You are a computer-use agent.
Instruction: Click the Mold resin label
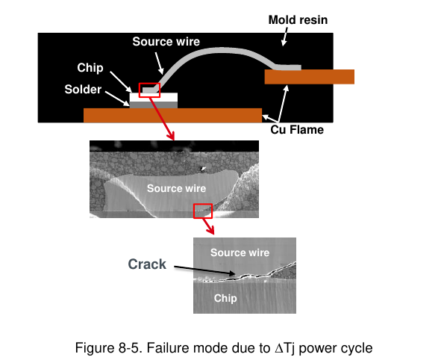pyautogui.click(x=298, y=20)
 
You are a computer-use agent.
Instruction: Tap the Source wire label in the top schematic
pyautogui.click(x=166, y=42)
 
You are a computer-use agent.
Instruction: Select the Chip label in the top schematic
pyautogui.click(x=90, y=68)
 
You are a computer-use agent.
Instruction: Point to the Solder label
pyautogui.click(x=83, y=90)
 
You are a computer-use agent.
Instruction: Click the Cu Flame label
pyautogui.click(x=297, y=130)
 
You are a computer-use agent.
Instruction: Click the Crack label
pyautogui.click(x=147, y=264)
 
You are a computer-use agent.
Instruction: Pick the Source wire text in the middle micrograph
pyautogui.click(x=176, y=188)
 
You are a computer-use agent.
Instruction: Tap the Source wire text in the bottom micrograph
pyautogui.click(x=240, y=252)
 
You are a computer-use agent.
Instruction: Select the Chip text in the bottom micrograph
pyautogui.click(x=225, y=299)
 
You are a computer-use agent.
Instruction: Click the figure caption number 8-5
pyautogui.click(x=130, y=348)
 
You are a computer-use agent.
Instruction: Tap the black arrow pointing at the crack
pyautogui.click(x=204, y=270)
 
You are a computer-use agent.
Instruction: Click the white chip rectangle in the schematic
pyautogui.click(x=154, y=97)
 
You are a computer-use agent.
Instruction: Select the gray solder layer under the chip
pyautogui.click(x=154, y=105)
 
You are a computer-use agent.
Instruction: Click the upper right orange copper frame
pyautogui.click(x=310, y=77)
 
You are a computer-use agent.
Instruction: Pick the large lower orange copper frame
pyautogui.click(x=172, y=115)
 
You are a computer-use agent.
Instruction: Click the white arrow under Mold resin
pyautogui.click(x=285, y=37)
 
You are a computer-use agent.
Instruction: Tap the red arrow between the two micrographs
pyautogui.click(x=208, y=226)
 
